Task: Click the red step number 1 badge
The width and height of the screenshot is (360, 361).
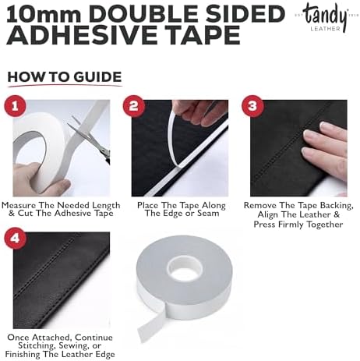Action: click(15, 106)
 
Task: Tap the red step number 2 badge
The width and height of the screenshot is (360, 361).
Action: click(133, 106)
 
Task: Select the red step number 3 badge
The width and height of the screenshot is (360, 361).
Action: click(252, 106)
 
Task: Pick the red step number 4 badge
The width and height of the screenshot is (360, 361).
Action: click(16, 239)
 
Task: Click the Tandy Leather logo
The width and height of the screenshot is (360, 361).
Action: click(325, 18)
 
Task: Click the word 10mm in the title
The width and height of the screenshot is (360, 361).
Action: click(44, 14)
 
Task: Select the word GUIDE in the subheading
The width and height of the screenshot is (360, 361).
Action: click(97, 77)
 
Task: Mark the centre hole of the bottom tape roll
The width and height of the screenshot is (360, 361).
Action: click(185, 270)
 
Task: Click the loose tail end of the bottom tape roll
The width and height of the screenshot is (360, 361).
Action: click(150, 326)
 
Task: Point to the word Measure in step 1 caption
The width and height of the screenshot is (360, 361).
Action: click(19, 205)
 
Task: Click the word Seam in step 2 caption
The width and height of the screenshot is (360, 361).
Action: click(208, 214)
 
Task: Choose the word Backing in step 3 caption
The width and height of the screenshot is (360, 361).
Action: click(337, 205)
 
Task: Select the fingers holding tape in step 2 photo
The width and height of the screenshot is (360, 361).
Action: click(203, 112)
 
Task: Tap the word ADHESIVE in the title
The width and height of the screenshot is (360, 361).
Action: click(79, 35)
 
